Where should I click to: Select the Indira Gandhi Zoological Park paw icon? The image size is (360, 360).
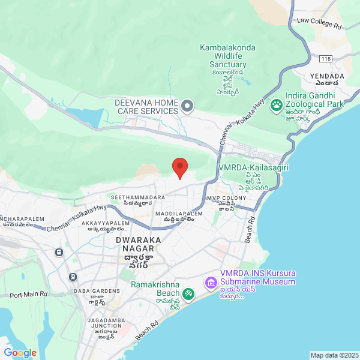click(277, 106)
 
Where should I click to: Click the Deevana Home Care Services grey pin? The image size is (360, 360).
click(187, 107)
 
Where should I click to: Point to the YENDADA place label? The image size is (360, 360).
click(327, 76)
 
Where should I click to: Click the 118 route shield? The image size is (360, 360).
click(326, 58)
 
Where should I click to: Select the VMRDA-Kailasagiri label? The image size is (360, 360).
click(253, 168)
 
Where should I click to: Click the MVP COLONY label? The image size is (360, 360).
click(222, 198)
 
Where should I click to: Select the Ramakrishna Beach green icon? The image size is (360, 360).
click(188, 293)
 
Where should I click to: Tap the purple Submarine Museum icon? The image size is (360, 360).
click(211, 281)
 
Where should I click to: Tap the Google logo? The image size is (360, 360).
click(20, 353)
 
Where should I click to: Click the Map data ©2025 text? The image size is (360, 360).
click(334, 355)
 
